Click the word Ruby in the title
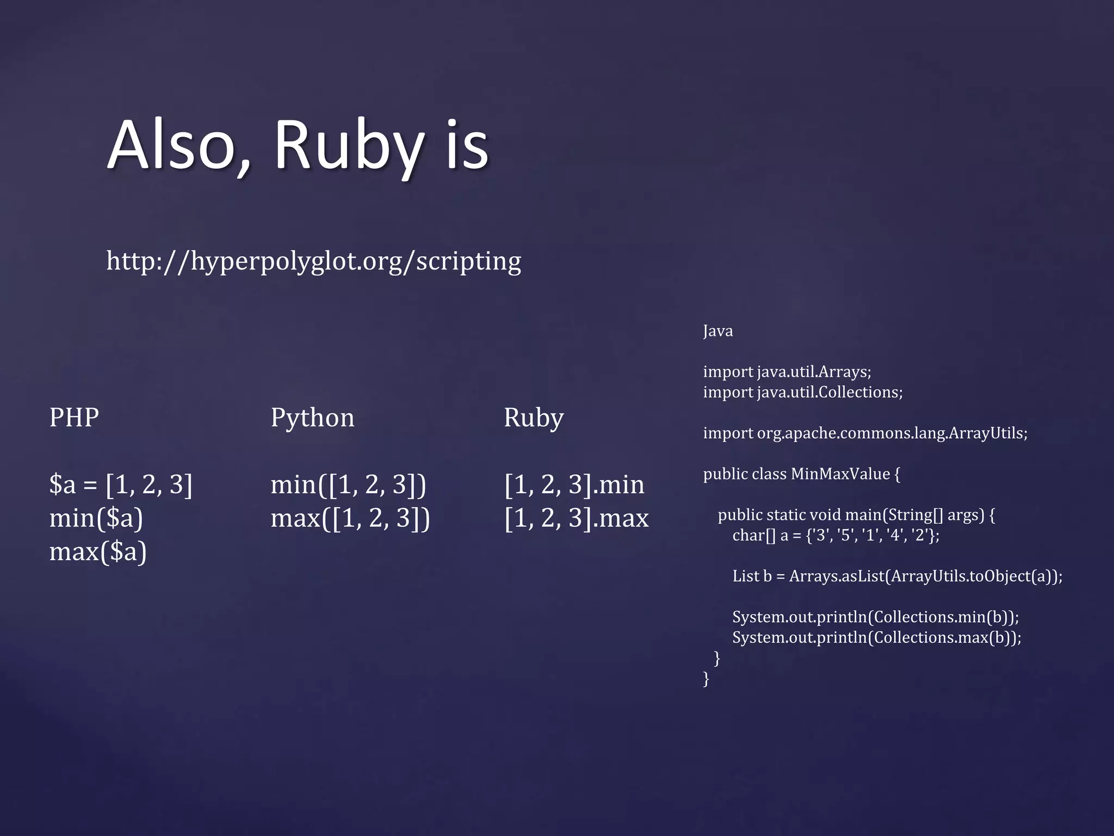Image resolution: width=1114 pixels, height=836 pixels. point(348,146)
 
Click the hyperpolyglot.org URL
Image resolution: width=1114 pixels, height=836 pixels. point(313,261)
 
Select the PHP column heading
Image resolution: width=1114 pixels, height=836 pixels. point(74,417)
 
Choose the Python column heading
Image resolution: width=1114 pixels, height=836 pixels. point(312,418)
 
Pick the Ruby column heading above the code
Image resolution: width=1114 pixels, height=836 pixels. point(534,418)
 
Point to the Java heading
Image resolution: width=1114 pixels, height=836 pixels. point(717,331)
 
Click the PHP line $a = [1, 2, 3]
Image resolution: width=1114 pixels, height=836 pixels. point(121,484)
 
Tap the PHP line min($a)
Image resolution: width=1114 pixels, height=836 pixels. point(96,518)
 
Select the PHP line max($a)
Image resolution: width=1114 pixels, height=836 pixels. point(98,551)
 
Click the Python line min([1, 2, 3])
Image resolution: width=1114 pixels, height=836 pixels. point(349,484)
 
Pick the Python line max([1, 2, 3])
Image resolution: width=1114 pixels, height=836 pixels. point(350,518)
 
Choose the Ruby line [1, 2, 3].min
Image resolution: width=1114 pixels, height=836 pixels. point(574,484)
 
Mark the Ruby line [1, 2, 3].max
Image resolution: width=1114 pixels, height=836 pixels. point(577,518)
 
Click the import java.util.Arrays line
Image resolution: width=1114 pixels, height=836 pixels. point(787,372)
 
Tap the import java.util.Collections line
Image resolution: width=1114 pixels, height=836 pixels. point(803,392)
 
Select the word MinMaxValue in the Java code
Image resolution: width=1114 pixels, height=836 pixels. point(840,474)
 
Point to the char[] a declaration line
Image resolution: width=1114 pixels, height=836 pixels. point(835,536)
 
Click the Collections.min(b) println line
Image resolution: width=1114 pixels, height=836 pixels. point(875,617)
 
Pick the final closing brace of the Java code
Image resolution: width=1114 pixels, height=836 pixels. point(706,679)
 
